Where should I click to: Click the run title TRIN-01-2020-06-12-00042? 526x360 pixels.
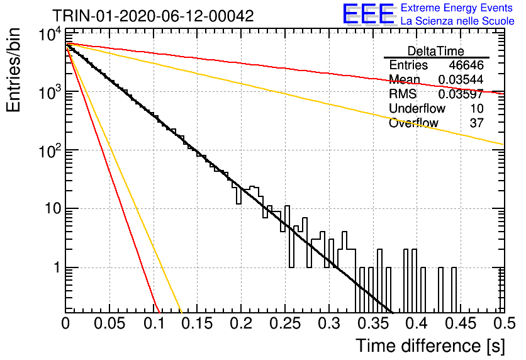(x=153, y=16)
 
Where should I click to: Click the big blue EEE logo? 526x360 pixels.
(x=369, y=14)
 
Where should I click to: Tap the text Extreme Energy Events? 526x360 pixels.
(x=457, y=8)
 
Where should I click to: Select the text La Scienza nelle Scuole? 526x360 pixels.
(x=457, y=21)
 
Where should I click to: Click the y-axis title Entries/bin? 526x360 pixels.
(x=13, y=70)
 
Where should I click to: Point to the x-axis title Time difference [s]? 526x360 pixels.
(x=430, y=346)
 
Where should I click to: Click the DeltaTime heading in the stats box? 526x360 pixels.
(x=436, y=51)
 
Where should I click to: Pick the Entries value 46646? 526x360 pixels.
(x=466, y=65)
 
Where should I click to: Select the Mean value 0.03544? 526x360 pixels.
(x=461, y=79)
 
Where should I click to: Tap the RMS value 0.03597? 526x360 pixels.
(x=461, y=94)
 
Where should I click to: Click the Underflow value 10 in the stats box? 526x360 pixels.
(x=477, y=108)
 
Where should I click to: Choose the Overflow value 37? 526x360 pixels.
(x=477, y=123)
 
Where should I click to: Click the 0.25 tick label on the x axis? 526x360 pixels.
(x=286, y=323)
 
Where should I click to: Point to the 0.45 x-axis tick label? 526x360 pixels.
(x=461, y=323)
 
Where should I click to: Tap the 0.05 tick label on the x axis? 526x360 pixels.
(x=109, y=323)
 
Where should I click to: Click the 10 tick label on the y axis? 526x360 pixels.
(x=53, y=209)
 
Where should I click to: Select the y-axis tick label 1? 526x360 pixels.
(x=57, y=267)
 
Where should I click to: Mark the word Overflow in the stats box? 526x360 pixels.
(x=413, y=123)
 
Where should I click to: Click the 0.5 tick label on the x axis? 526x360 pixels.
(x=505, y=323)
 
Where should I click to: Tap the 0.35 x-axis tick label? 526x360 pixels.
(x=373, y=323)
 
